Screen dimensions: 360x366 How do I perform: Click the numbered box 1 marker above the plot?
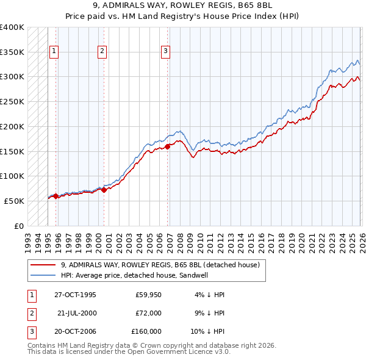(55, 52)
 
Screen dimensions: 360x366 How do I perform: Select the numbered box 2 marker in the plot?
(102, 52)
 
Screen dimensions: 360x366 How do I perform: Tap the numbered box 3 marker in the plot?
(166, 52)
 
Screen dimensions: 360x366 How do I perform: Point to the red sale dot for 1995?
(56, 196)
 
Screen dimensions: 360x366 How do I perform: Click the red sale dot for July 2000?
(104, 190)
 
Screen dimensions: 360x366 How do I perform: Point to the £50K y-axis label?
(15, 201)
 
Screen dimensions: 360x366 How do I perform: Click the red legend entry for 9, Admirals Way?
(160, 265)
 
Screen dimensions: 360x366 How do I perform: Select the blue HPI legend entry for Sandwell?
(142, 275)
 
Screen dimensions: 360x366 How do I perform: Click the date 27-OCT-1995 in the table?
(75, 295)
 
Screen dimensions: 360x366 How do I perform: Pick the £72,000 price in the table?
(148, 313)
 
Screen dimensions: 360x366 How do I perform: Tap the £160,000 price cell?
(146, 331)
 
